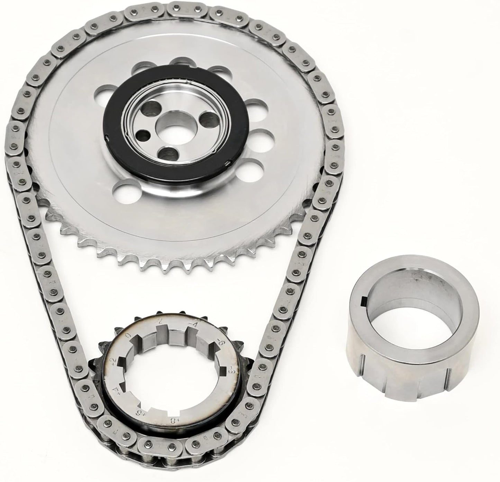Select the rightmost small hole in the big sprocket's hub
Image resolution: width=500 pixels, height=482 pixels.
click(208, 120)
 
